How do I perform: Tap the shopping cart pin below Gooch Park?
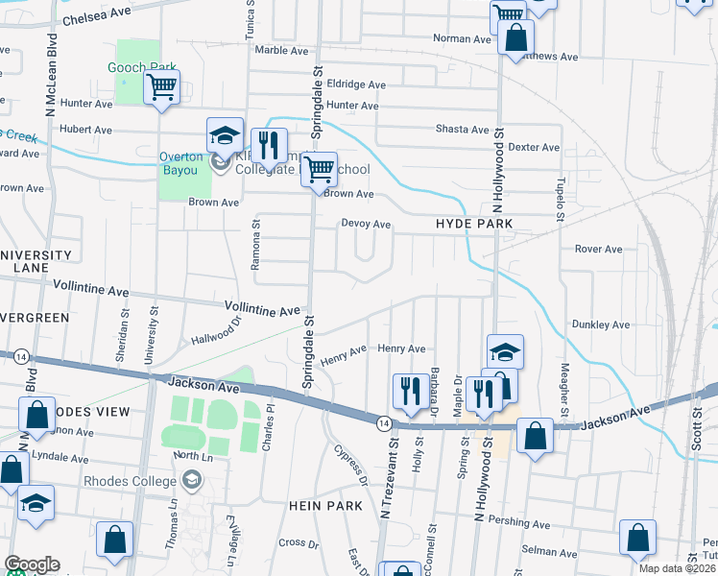pyautogui.click(x=162, y=88)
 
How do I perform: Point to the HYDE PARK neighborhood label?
pyautogui.click(x=474, y=224)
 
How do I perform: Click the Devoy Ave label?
pyautogui.click(x=366, y=224)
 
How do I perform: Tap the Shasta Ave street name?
pyautogui.click(x=463, y=129)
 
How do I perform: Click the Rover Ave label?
pyautogui.click(x=598, y=249)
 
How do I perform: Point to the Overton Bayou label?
pyautogui.click(x=181, y=163)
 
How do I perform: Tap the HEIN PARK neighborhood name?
pyautogui.click(x=324, y=505)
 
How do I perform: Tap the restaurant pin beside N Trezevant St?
pyautogui.click(x=411, y=391)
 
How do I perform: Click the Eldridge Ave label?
pyautogui.click(x=356, y=84)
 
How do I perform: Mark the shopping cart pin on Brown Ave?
pyautogui.click(x=320, y=170)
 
